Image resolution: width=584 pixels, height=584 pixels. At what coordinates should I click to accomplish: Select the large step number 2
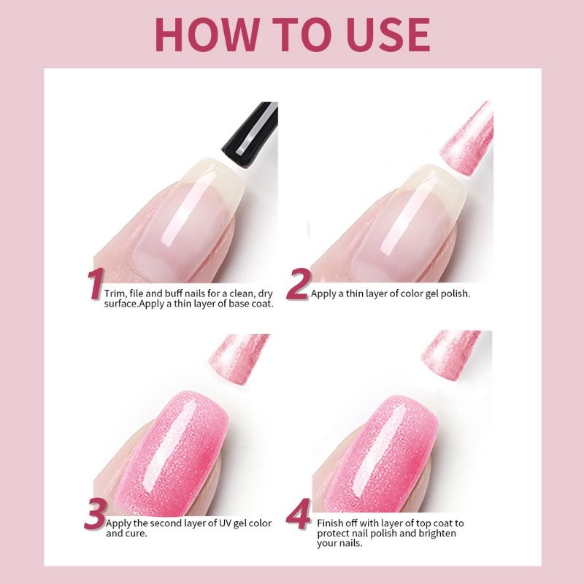click(296, 285)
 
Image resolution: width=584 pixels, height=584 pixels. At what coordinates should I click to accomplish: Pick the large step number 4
click(298, 515)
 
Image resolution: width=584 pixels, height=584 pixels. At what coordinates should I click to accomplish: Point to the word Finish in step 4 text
click(331, 523)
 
